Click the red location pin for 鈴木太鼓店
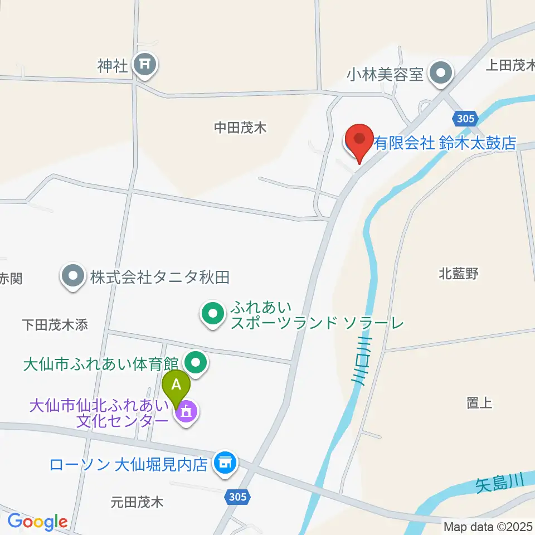pyautogui.click(x=359, y=139)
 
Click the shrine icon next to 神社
pyautogui.click(x=145, y=66)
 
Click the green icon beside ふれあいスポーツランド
pyautogui.click(x=212, y=315)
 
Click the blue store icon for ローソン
pyautogui.click(x=225, y=463)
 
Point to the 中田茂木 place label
pyautogui.click(x=240, y=128)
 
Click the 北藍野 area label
pyautogui.click(x=459, y=274)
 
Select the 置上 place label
pyautogui.click(x=479, y=402)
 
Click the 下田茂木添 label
pyautogui.click(x=55, y=325)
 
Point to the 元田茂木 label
pyautogui.click(x=137, y=502)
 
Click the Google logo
pyautogui.click(x=37, y=522)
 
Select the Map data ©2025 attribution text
pyautogui.click(x=488, y=526)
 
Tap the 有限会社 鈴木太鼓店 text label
pyautogui.click(x=445, y=143)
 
